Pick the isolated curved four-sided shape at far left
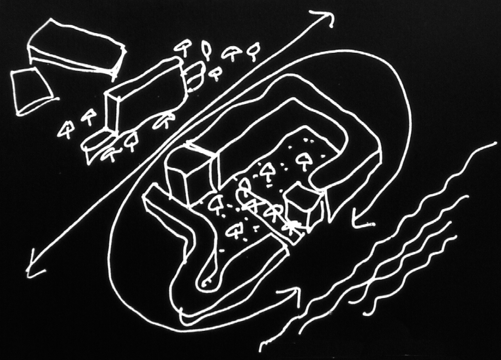point(33,90)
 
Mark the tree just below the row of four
point(215,73)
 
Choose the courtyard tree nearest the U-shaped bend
point(304,160)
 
